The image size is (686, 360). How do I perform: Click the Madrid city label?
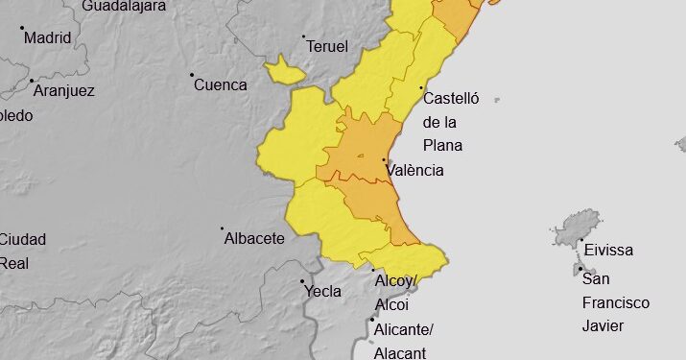pos(48,38)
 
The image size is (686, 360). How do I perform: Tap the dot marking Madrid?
pos(22,29)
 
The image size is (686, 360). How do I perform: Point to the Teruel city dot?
pos(304,37)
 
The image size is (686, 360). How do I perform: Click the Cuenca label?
pos(221,84)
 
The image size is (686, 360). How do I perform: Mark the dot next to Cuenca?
pos(192,75)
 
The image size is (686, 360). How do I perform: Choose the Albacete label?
pos(254,238)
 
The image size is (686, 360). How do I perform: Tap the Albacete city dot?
pos(223,228)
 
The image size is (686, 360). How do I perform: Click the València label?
pos(414,170)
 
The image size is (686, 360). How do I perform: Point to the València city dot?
pos(385,160)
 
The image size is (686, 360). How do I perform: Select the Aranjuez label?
pos(64,90)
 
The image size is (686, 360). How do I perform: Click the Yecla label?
pos(322,291)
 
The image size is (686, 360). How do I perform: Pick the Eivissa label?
pos(608,250)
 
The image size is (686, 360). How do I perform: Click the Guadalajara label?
pos(125,5)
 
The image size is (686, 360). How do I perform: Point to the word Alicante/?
pos(405,329)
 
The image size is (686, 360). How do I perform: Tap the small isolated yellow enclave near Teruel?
pos(284,70)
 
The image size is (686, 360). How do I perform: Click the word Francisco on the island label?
pos(616,302)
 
